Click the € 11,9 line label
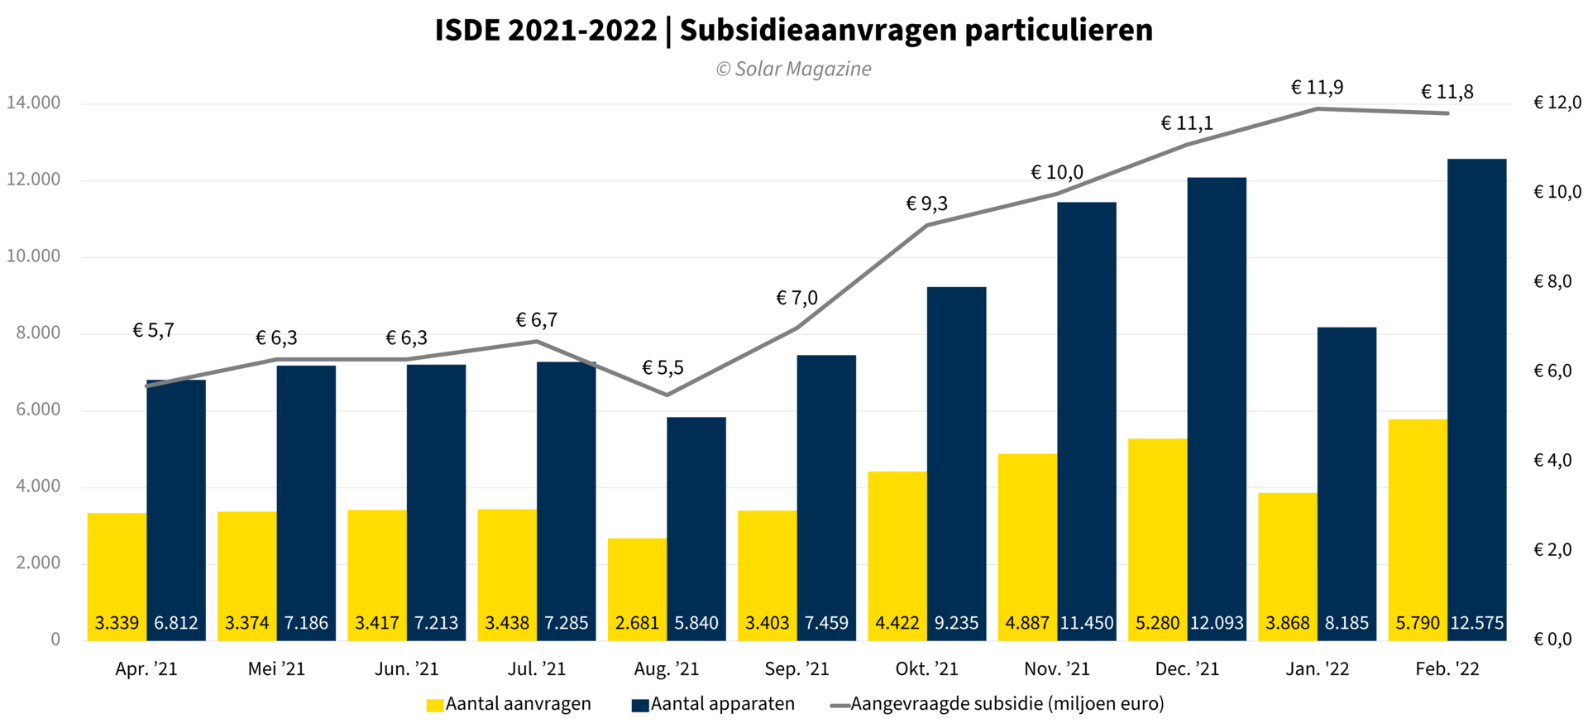pos(1317,88)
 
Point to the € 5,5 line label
pos(662,368)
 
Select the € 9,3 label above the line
pos(926,204)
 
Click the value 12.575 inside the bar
pos(1477,623)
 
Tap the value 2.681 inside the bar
pos(637,623)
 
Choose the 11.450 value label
pos(1087,623)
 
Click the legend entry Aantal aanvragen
pos(518,704)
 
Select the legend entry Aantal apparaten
pos(722,704)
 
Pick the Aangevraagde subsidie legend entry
pos(1007,704)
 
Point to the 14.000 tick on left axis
pos(33,103)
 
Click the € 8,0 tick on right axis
pos(1552,282)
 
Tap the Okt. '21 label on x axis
pos(926,669)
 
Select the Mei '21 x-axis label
pos(276,669)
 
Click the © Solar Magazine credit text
pos(793,69)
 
